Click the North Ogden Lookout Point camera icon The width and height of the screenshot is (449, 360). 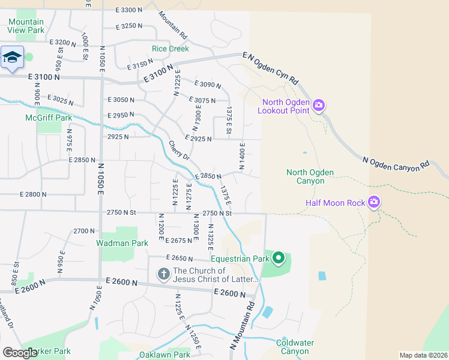[x=318, y=106]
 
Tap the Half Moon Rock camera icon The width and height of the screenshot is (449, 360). [x=375, y=203]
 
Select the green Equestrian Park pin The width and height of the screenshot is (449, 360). [x=278, y=259]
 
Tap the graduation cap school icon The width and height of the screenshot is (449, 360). [x=12, y=58]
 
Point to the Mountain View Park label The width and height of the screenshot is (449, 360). [x=26, y=25]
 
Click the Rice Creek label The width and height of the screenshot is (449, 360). [x=170, y=49]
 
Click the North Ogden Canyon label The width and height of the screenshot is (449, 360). [x=310, y=176]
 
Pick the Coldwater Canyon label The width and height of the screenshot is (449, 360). [x=295, y=347]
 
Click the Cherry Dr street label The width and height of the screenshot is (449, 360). [x=179, y=151]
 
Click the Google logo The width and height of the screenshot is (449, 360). [x=20, y=352]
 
